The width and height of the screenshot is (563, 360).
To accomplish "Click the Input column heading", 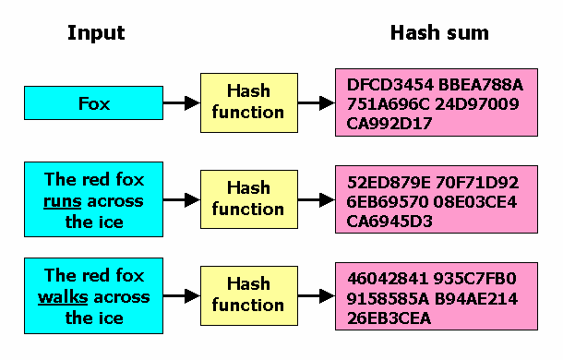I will point(95,34).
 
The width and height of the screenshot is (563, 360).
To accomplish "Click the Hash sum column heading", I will point(439,34).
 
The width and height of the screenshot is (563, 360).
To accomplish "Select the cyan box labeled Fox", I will point(93,103).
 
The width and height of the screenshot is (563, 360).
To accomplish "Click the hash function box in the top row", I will point(248,102).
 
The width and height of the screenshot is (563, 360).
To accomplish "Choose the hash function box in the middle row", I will point(248,198).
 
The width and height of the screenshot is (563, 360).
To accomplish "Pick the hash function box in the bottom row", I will point(248,295).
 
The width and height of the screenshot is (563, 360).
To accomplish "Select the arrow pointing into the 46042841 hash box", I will point(317,295).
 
